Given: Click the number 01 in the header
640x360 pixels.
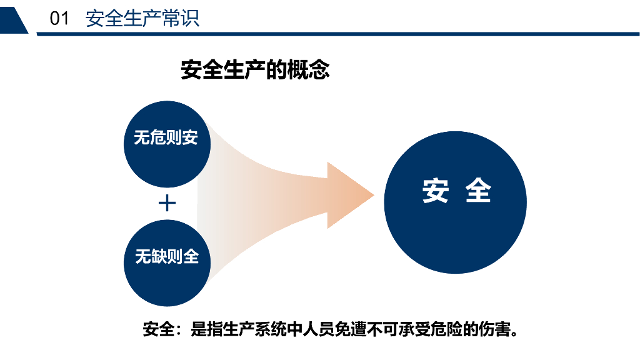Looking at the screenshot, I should [x=59, y=19].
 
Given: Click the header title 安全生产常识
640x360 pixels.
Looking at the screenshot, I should [x=142, y=19].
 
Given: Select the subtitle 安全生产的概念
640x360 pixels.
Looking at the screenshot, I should [x=255, y=70].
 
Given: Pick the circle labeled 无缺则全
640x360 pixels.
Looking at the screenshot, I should [x=167, y=262].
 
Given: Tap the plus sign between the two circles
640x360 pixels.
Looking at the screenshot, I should [x=167, y=203].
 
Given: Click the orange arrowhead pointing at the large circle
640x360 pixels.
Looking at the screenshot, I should [x=350, y=195].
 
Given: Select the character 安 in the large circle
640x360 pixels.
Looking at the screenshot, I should [x=436, y=191].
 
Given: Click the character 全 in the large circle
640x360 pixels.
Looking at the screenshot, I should [x=478, y=191].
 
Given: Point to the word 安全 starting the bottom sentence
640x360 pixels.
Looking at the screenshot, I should [x=158, y=329].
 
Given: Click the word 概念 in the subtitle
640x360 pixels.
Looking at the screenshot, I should [x=308, y=70].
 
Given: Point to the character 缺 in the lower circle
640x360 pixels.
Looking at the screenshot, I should [x=159, y=256].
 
